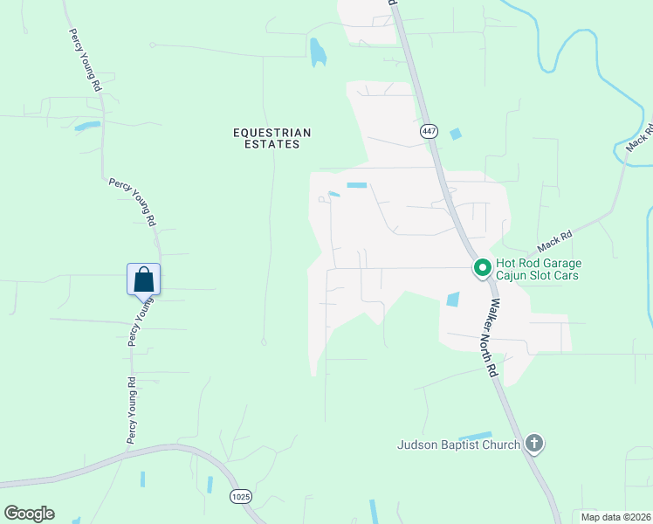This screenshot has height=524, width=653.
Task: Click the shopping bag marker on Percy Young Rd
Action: (144, 279)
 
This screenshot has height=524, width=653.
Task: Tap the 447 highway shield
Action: (428, 131)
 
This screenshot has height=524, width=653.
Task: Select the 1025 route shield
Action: (241, 496)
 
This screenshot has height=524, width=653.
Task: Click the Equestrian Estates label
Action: (272, 138)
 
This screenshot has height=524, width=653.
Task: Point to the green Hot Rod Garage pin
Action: (481, 268)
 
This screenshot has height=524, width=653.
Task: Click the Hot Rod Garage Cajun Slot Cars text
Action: (538, 269)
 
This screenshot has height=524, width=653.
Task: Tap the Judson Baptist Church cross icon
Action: (535, 445)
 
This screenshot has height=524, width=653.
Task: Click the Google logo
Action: (29, 514)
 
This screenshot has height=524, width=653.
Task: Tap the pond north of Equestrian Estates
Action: (317, 52)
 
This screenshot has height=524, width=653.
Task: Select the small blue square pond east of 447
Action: (455, 134)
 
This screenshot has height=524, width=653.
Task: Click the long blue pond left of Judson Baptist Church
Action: (475, 435)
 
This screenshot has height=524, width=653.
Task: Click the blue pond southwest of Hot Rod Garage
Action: (452, 300)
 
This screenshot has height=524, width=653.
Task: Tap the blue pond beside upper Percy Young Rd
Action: (87, 126)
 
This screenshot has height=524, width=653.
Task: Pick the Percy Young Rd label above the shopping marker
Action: (133, 202)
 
